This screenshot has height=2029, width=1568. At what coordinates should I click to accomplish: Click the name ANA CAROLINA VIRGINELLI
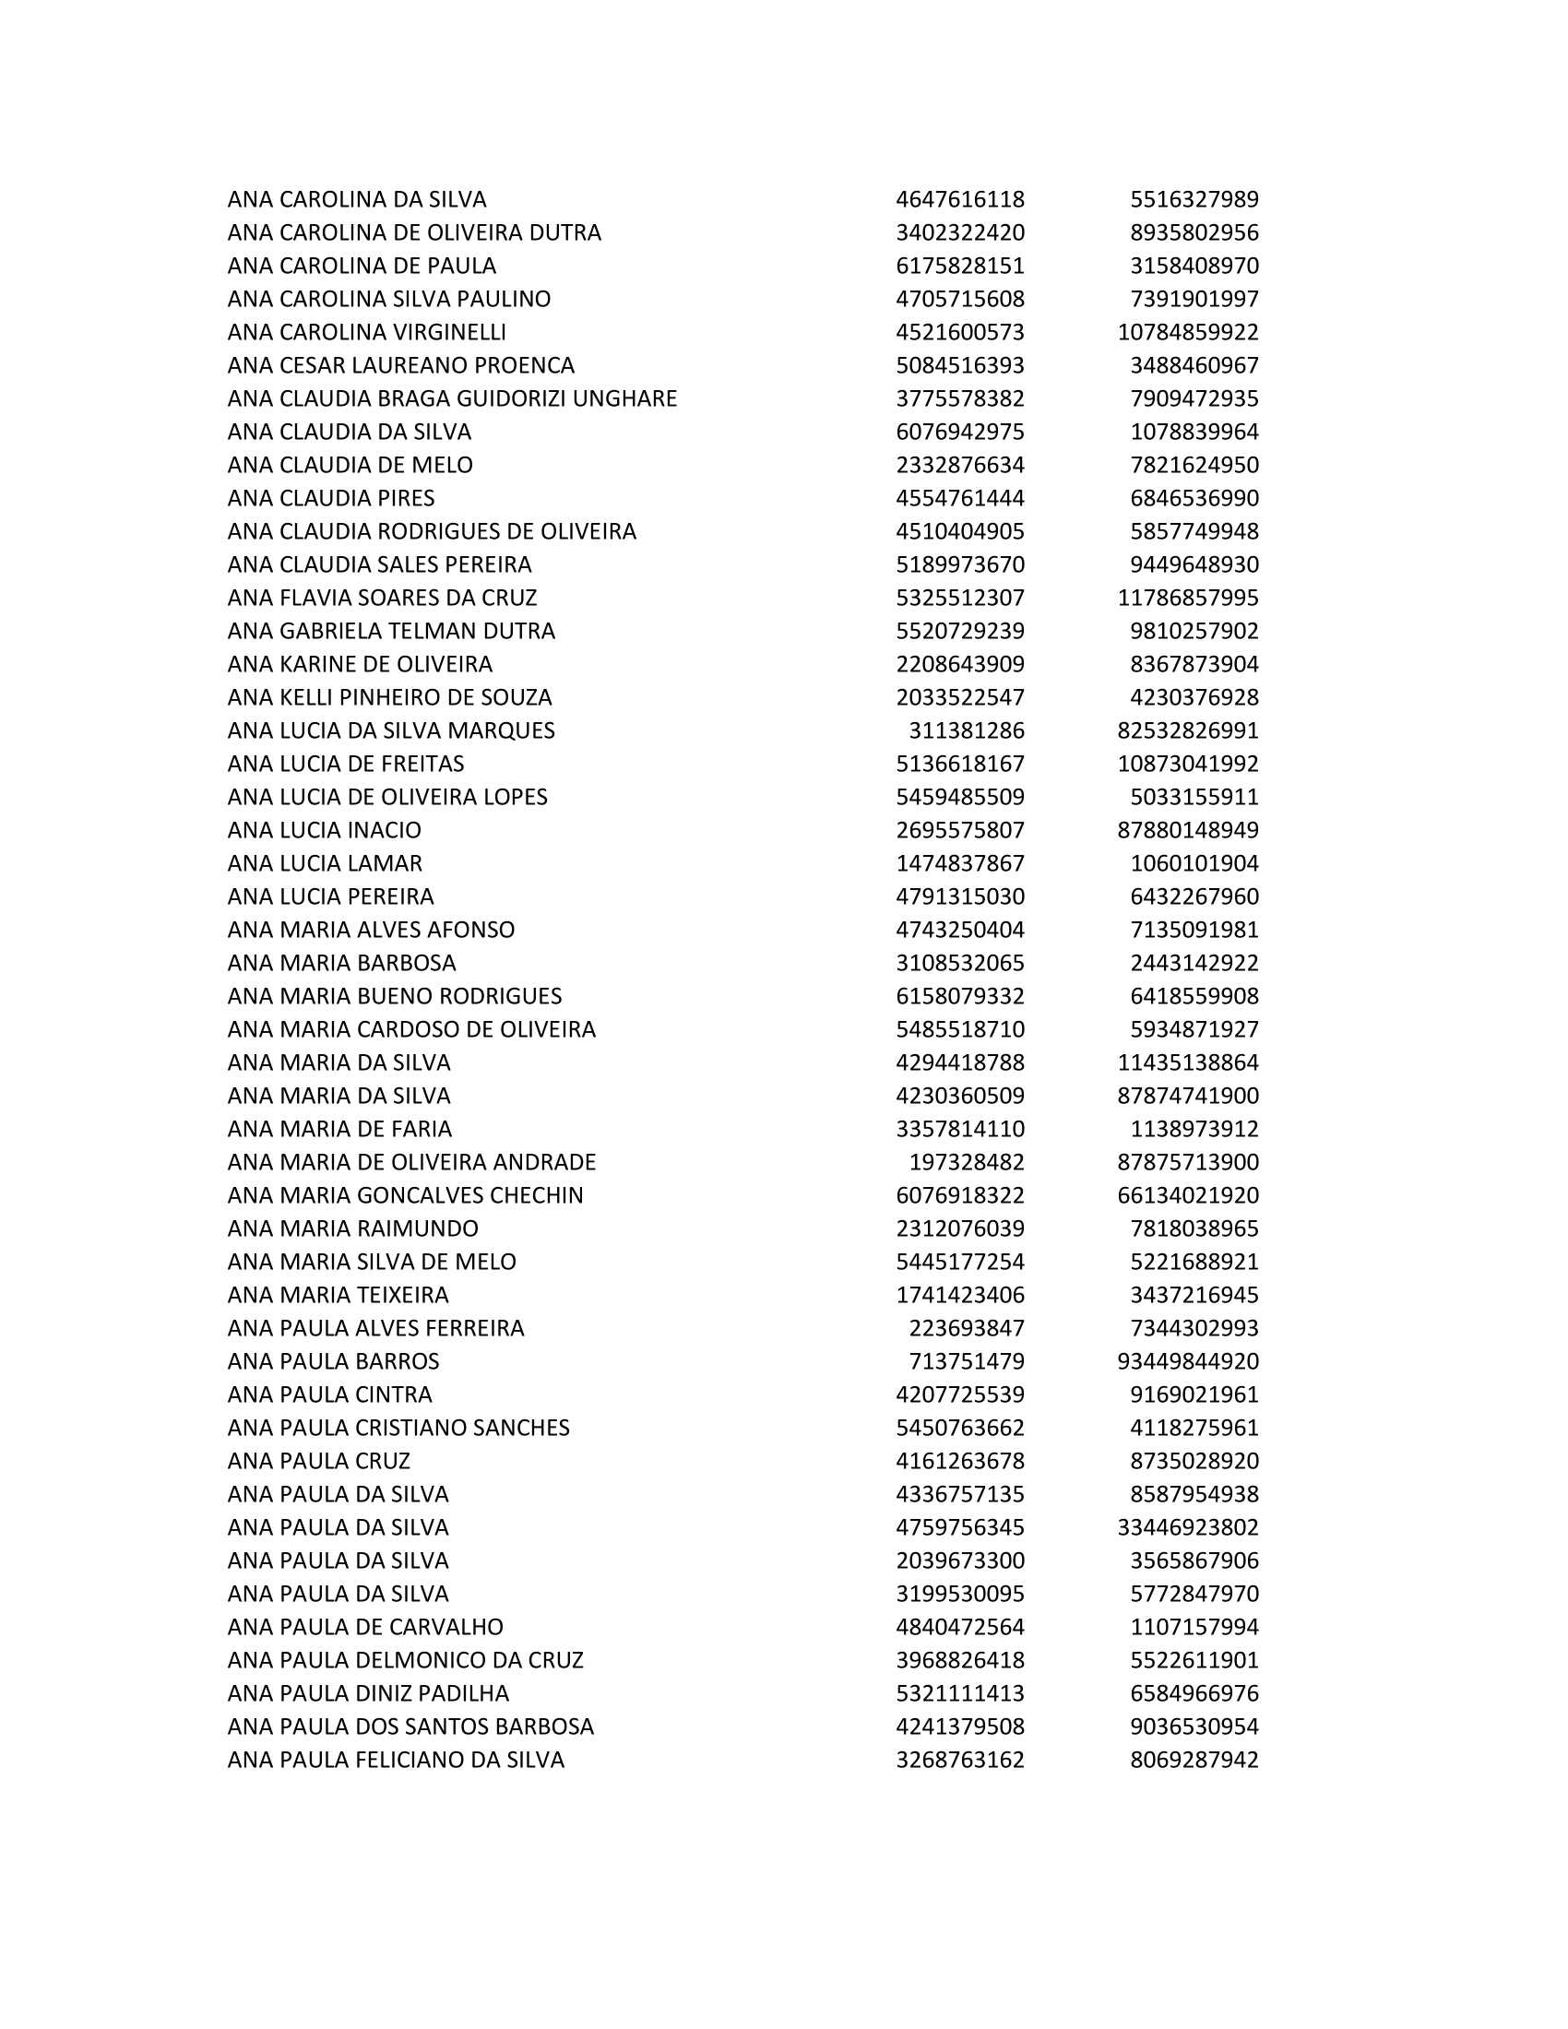tap(367, 332)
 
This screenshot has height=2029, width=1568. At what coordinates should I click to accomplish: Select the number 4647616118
tap(959, 200)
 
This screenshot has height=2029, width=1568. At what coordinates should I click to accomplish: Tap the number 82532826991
tap(1187, 730)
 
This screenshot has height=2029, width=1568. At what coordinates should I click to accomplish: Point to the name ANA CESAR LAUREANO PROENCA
tap(401, 365)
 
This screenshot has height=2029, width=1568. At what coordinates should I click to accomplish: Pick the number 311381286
tap(966, 730)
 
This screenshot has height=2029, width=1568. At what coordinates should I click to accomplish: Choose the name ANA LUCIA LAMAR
tap(325, 863)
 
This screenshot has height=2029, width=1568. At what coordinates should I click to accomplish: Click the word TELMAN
tap(432, 631)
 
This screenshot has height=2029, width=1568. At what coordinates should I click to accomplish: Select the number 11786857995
tap(1187, 598)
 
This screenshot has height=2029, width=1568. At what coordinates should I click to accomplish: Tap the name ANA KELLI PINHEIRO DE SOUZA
tap(390, 696)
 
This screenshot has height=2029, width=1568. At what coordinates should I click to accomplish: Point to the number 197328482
tap(966, 1162)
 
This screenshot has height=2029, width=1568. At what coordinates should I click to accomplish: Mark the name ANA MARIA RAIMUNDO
tap(353, 1228)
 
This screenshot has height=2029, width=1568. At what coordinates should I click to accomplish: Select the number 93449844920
tap(1187, 1361)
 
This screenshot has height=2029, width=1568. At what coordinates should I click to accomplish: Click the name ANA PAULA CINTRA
tap(330, 1394)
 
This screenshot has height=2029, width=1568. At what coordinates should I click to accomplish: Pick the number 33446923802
tap(1187, 1527)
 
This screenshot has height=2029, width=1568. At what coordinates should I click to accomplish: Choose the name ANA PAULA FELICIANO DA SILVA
tap(396, 1760)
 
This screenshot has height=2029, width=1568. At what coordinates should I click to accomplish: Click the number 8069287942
tap(1194, 1760)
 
